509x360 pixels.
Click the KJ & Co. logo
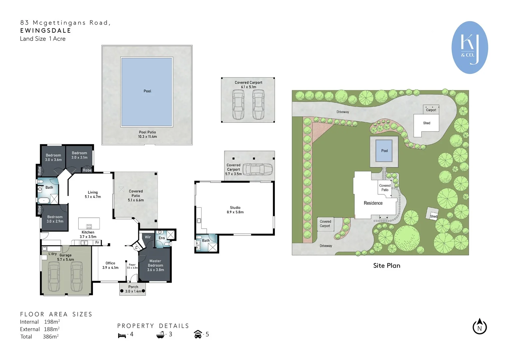point(470,48)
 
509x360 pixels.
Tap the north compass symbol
point(480,326)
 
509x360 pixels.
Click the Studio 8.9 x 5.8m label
point(235,210)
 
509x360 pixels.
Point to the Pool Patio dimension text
point(147,136)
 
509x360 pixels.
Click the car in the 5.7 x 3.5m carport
point(257,169)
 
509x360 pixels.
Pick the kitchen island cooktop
point(89,226)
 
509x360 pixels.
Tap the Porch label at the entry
point(133,287)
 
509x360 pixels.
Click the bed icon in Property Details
point(122,335)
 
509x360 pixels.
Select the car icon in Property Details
point(198,334)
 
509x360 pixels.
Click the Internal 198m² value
point(52,322)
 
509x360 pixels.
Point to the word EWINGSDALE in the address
point(46,31)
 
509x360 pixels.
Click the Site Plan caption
point(386,266)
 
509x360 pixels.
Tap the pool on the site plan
point(384,151)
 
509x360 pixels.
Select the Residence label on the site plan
point(373,203)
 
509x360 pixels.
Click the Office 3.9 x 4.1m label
point(110,265)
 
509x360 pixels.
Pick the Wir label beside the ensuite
point(148,237)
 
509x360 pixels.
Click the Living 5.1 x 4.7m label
point(93,195)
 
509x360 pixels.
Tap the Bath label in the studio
point(206,240)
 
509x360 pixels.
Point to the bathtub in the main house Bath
point(44,200)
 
